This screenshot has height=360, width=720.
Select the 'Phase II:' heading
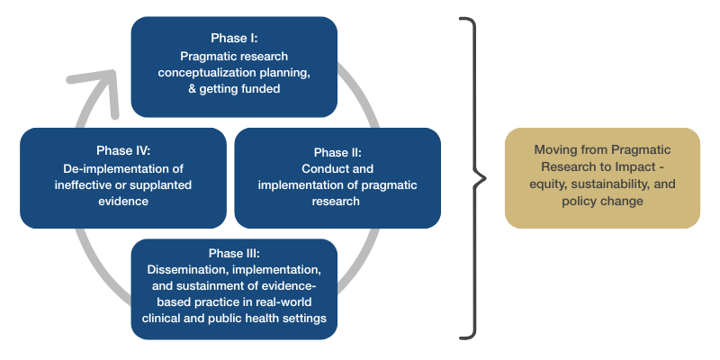(x=337, y=152)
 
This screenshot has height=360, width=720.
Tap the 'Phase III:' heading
(x=234, y=253)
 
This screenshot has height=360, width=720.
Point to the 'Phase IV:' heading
(x=123, y=150)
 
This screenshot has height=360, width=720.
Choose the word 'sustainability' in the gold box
(x=615, y=184)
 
